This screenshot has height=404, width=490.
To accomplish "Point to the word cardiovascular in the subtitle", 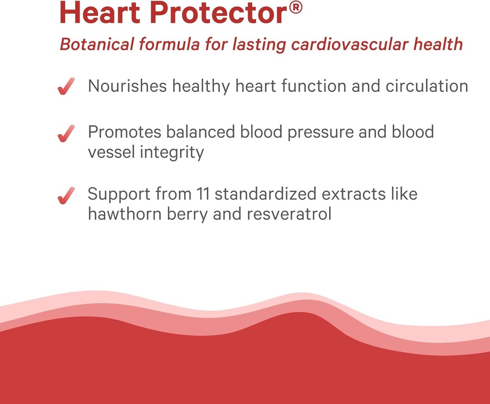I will click(x=350, y=45).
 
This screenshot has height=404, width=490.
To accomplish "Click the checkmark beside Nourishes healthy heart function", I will click(x=67, y=87).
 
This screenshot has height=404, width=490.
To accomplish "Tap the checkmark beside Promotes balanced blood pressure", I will click(x=67, y=134).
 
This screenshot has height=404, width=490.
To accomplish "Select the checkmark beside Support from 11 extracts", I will click(x=67, y=196).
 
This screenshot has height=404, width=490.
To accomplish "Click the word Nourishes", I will click(x=128, y=86).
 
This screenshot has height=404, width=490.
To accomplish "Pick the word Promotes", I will click(x=122, y=132).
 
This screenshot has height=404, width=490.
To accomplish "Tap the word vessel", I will click(x=111, y=152).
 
